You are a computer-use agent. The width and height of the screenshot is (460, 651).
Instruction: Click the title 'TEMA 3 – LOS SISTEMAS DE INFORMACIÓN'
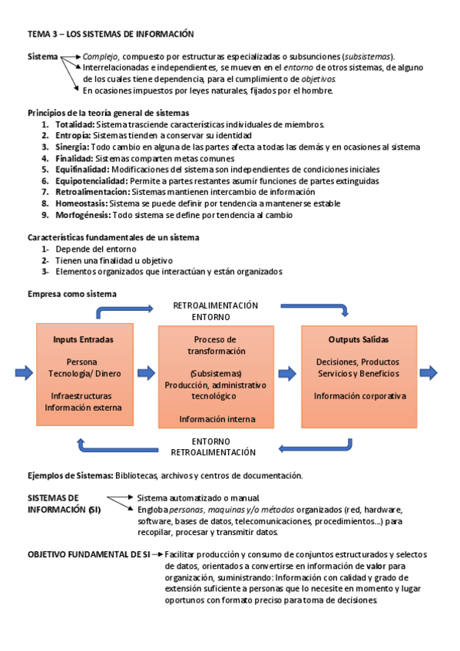(x=111, y=35)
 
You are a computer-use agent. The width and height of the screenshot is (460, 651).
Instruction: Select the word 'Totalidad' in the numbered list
(x=74, y=124)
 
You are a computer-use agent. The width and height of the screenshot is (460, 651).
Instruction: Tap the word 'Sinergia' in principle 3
(x=72, y=147)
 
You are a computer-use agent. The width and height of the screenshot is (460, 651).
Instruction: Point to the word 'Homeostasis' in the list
(x=81, y=203)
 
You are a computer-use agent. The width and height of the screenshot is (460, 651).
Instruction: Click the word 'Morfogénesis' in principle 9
(x=82, y=215)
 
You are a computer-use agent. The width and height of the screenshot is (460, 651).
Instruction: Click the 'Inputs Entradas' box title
(x=84, y=339)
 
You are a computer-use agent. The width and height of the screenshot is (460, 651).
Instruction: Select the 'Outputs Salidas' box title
(x=358, y=339)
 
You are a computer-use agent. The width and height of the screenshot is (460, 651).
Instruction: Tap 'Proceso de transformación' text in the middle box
(x=216, y=345)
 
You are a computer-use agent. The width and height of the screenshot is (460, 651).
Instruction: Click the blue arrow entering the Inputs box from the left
(x=24, y=373)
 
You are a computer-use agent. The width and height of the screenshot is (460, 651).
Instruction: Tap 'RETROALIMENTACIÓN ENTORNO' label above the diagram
(x=215, y=311)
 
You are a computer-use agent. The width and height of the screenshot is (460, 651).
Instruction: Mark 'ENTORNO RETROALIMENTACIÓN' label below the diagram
(x=213, y=447)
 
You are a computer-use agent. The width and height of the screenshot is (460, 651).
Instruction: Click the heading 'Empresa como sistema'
(x=72, y=294)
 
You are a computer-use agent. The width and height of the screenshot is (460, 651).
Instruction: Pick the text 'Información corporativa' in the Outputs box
(x=359, y=396)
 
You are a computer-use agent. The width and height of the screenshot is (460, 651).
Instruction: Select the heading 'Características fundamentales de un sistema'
(x=112, y=237)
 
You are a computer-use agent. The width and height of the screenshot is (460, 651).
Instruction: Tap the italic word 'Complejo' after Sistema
(x=100, y=57)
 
